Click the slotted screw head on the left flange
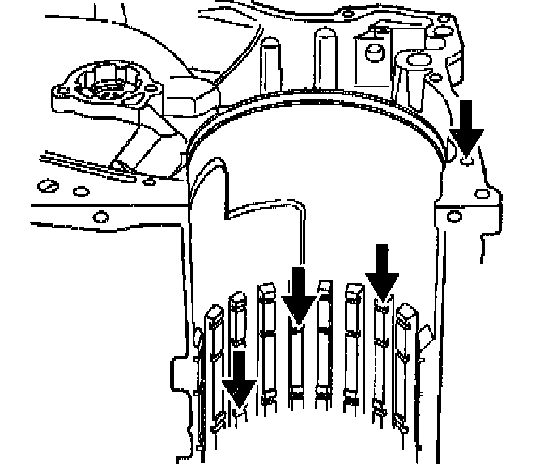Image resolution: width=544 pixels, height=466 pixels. click(49, 188)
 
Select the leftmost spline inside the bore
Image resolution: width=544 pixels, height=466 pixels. click(214, 364)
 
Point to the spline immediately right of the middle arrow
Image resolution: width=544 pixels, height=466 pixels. click(325, 340)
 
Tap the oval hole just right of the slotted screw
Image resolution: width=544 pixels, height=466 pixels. click(81, 192)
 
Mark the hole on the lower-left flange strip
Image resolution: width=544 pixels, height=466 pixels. click(101, 215)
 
